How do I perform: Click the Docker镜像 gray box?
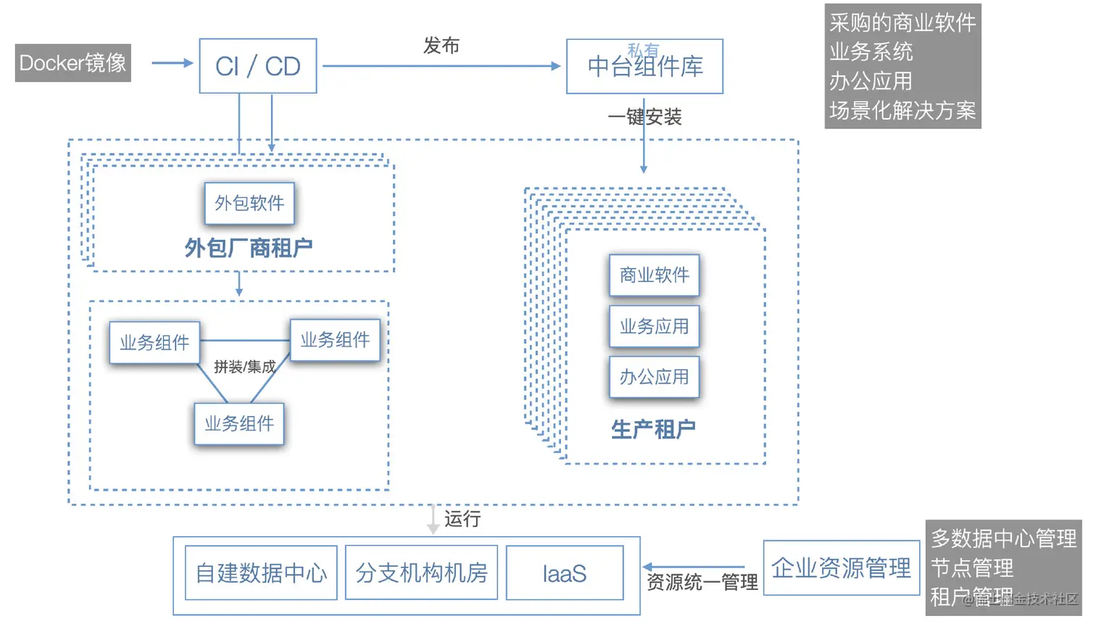(x=72, y=63)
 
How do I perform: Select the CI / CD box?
(x=258, y=66)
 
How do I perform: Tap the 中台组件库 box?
(x=644, y=67)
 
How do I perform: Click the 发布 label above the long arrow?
(x=441, y=46)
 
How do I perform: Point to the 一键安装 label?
(x=644, y=117)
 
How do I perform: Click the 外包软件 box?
(x=249, y=204)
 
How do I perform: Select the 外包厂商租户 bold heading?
(x=248, y=248)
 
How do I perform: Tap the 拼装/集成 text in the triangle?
(x=244, y=367)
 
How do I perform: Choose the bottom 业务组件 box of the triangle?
(x=239, y=424)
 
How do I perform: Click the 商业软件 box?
(x=654, y=275)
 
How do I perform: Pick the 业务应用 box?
(x=654, y=327)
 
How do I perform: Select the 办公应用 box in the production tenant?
(x=654, y=377)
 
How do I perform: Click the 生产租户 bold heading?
(x=653, y=429)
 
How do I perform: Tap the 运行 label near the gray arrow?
(x=462, y=519)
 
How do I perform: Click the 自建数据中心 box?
(x=261, y=573)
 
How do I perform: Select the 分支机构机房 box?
(x=421, y=573)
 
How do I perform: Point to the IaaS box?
(x=564, y=573)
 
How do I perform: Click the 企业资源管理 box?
(x=841, y=568)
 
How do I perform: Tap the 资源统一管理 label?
(x=702, y=583)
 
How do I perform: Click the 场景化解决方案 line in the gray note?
(x=902, y=111)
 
